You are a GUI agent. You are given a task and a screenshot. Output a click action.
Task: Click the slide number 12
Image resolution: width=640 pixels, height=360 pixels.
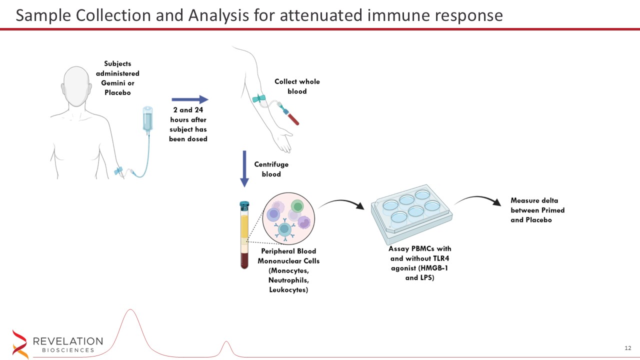coord(628,348)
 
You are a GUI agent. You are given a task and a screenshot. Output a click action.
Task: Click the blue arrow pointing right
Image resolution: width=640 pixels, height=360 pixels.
coord(189,99)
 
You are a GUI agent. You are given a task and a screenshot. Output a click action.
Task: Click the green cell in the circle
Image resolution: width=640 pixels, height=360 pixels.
coord(297,206)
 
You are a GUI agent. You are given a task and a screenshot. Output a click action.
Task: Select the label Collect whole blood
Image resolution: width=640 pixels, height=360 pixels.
coord(297,86)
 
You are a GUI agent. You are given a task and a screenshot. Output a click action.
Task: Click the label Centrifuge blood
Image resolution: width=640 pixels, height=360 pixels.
coord(271,169)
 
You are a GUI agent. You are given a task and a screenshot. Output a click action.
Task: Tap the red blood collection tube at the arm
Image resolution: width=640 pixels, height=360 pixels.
coord(291,116)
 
